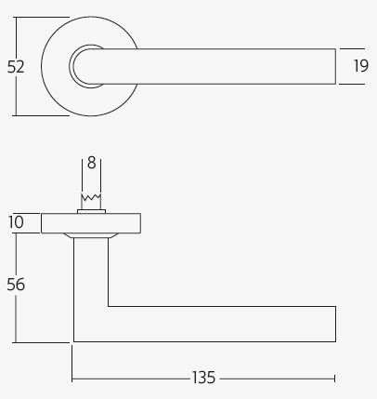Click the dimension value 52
point(16,67)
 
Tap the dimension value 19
point(361,66)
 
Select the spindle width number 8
point(91,162)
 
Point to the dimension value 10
point(16,222)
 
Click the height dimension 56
point(16,285)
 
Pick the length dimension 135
point(203,378)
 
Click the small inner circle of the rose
point(87,66)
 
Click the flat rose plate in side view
point(91,222)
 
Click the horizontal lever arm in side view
point(223,324)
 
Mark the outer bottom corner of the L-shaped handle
point(74,341)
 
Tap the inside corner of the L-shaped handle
point(109,306)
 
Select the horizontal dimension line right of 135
point(279,379)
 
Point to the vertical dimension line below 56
point(16,321)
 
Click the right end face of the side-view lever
point(335,324)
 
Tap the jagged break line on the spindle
point(91,197)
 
